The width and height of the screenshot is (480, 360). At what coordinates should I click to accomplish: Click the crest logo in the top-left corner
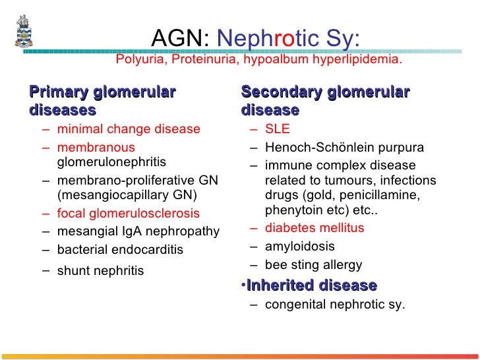tap(22, 31)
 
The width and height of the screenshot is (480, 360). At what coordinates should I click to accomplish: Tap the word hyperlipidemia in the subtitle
tap(355, 60)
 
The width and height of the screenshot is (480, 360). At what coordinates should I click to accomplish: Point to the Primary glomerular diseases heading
tap(102, 100)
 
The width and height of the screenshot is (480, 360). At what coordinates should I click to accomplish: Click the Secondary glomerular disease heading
tap(326, 100)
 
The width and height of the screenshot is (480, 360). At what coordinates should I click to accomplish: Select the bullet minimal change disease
tap(129, 129)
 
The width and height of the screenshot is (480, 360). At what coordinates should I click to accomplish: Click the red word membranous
tap(96, 147)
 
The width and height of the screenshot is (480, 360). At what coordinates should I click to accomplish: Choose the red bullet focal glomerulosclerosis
tap(128, 214)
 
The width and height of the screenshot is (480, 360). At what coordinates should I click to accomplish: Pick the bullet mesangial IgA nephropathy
tap(138, 231)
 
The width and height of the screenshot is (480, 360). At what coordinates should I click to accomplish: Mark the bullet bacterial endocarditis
tap(120, 250)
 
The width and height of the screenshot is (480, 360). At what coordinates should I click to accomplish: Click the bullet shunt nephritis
tap(100, 270)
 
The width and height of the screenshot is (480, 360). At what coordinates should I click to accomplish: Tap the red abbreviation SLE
tap(277, 129)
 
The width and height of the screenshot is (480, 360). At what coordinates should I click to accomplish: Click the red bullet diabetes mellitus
tap(314, 228)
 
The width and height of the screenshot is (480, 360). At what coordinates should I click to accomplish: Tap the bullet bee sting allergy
tap(313, 265)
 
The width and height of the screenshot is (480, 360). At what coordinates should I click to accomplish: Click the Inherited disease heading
tap(311, 285)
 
